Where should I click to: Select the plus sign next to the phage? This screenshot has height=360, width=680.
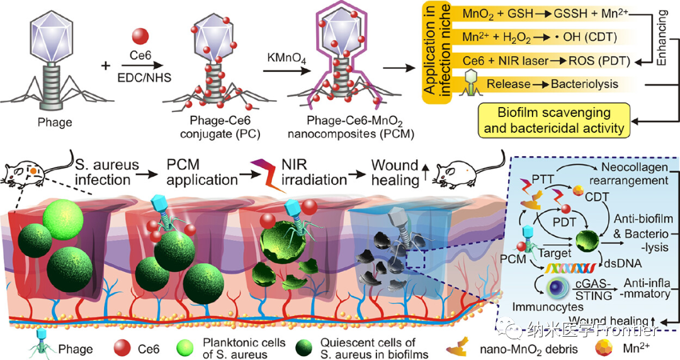[106, 65]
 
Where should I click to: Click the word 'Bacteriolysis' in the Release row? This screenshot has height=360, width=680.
[586, 83]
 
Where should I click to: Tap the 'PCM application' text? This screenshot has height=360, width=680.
[201, 171]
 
